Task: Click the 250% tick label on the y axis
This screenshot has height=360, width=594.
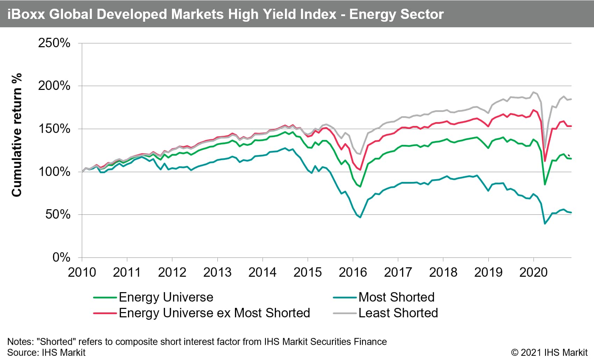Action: coord(54,43)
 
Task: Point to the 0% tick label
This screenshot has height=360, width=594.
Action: coord(61,257)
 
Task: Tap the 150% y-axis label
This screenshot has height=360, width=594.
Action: coord(54,129)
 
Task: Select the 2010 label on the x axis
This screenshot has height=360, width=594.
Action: coord(82,272)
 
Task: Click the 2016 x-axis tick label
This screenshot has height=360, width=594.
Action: coord(353,272)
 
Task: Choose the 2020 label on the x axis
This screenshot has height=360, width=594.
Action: coord(533,272)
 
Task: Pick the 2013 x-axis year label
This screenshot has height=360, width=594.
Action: coord(217,272)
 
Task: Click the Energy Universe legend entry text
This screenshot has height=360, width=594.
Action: coord(166,297)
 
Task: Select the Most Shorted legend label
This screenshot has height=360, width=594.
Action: coord(396,297)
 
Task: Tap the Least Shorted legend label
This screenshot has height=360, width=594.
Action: coord(398,313)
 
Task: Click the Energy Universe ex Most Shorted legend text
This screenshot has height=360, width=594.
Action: coord(214,313)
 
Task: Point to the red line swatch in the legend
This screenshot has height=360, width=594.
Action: coord(105,313)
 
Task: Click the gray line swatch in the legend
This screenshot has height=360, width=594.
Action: coord(345,313)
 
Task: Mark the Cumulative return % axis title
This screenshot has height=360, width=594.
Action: coord(17,135)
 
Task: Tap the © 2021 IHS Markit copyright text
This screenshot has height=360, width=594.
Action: coord(549,352)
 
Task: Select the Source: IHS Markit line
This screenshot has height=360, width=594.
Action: coord(46,352)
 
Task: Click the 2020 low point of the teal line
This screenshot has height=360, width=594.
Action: coord(545,224)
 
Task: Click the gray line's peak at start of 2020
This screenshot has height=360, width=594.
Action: coord(533,92)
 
